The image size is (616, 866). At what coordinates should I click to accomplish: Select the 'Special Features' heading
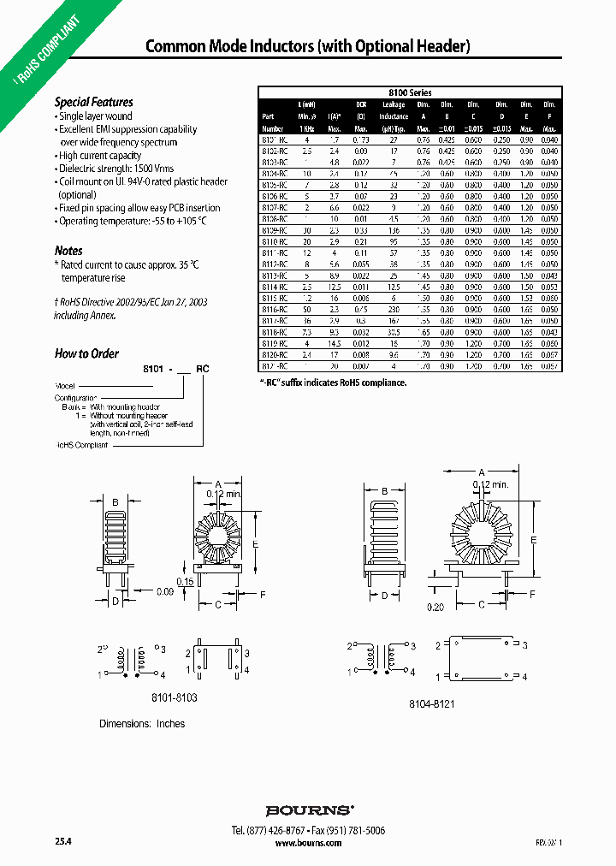pyautogui.click(x=94, y=102)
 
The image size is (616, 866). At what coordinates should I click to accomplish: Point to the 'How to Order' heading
pyautogui.click(x=86, y=353)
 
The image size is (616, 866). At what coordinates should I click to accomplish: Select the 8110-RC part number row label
pyautogui.click(x=274, y=242)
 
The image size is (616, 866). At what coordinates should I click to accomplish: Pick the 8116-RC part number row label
pyautogui.click(x=274, y=310)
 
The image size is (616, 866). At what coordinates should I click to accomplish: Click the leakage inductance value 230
pyautogui.click(x=394, y=310)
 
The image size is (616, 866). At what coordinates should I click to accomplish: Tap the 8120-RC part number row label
pyautogui.click(x=274, y=353)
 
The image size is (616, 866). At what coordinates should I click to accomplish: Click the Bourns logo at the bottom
pyautogui.click(x=309, y=810)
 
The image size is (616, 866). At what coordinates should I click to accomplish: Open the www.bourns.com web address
pyautogui.click(x=309, y=843)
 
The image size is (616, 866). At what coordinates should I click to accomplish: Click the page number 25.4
pyautogui.click(x=63, y=843)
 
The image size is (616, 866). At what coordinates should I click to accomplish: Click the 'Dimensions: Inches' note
pyautogui.click(x=142, y=724)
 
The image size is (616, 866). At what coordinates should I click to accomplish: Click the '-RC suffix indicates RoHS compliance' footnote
pyautogui.click(x=332, y=383)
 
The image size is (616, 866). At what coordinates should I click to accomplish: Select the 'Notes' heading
pyautogui.click(x=69, y=251)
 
